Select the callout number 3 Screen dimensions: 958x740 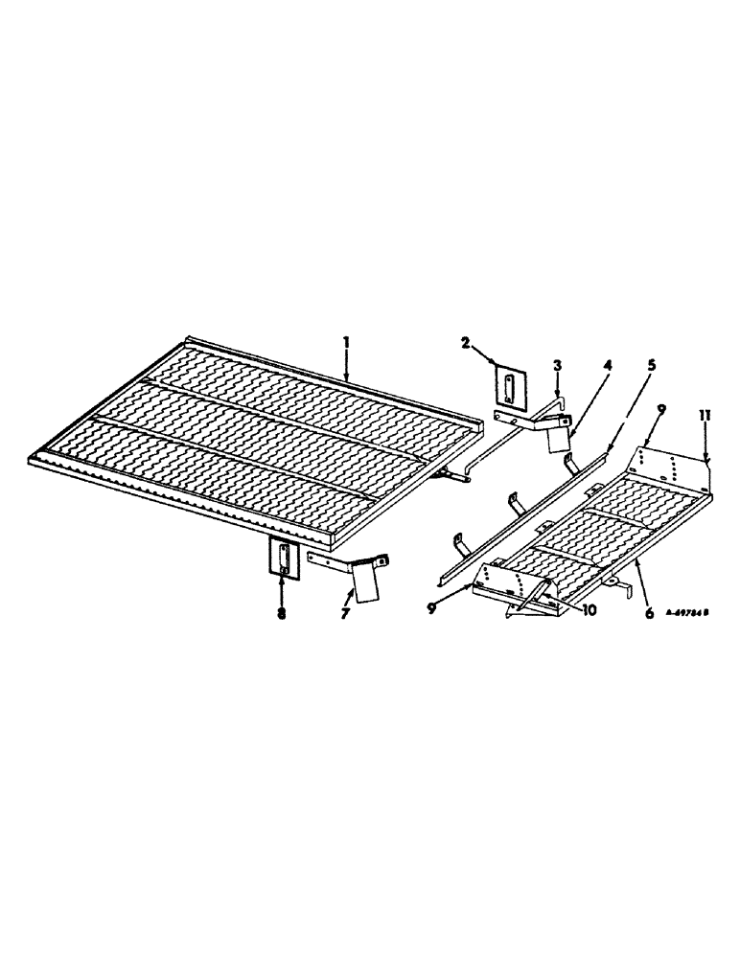coord(559,366)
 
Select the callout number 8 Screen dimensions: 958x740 coord(282,613)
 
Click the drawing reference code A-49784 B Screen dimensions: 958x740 coord(691,620)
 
